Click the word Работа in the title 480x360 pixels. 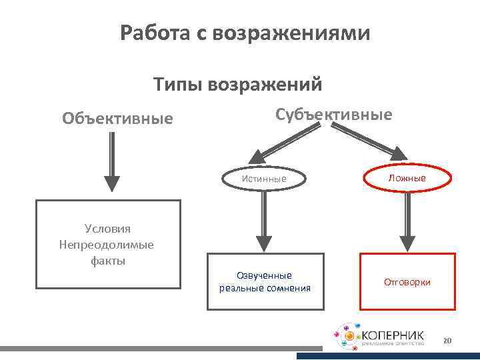[x=156, y=33]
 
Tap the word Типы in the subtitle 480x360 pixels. [x=178, y=85]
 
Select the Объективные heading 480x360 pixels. [x=117, y=119]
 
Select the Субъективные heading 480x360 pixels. [x=334, y=114]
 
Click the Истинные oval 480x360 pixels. [x=265, y=179]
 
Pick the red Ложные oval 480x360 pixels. [x=407, y=178]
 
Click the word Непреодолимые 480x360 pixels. [x=107, y=244]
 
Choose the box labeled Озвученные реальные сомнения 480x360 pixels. [x=264, y=281]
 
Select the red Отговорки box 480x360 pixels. [x=407, y=281]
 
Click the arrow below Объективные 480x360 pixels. [x=112, y=163]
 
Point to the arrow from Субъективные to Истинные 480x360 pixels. [x=277, y=145]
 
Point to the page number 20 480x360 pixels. [x=447, y=341]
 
